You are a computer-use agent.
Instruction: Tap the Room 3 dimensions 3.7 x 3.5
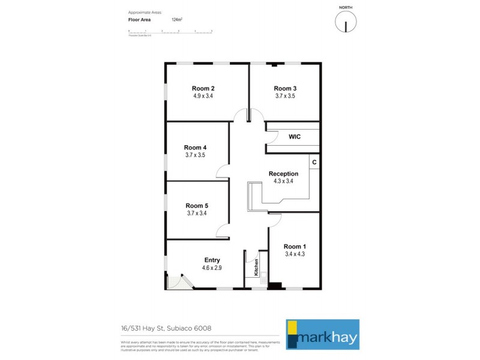286,95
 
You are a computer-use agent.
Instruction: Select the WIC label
294,137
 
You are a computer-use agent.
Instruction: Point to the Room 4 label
196,148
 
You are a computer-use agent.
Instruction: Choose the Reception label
283,174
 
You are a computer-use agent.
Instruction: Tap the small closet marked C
314,163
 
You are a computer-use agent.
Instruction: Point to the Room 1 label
295,247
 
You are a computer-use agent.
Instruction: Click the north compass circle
346,23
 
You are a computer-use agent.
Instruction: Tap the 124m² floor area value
177,20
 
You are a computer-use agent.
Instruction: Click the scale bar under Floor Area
170,31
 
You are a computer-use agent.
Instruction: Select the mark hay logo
322,334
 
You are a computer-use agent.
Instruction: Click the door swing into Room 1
275,219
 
